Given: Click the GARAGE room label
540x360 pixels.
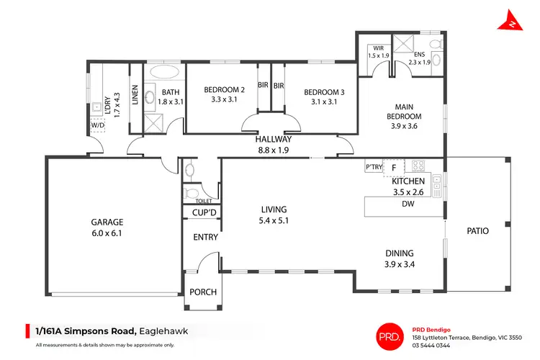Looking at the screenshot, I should click(107, 222).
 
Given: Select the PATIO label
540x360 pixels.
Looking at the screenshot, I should click(477, 231).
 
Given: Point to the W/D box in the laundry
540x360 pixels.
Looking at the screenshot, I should click(97, 123).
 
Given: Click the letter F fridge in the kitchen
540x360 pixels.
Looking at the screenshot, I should click(394, 167).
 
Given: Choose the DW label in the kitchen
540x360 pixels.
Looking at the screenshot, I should click(408, 204).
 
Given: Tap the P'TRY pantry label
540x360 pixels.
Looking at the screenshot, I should click(373, 167).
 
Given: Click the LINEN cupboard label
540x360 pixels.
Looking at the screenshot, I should click(135, 96).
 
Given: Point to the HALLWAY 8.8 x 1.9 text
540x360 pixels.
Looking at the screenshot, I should click(273, 145).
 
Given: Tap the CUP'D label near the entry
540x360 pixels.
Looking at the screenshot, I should click(204, 212).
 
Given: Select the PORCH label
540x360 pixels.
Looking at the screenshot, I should click(202, 293).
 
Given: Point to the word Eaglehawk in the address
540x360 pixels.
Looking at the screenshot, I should click(171, 331).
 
